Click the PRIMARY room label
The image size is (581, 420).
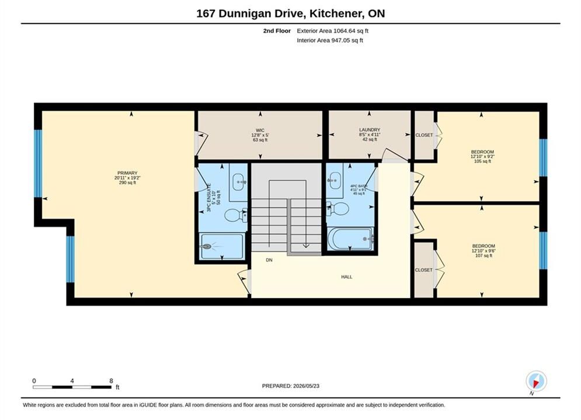pos(127,173)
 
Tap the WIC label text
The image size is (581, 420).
pos(260,130)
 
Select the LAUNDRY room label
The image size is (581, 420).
pos(370,130)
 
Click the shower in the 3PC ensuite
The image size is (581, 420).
pos(221,246)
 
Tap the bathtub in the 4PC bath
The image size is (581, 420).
pos(351,239)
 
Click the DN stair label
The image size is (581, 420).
pos(269,260)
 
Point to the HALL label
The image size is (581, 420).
pos(347,277)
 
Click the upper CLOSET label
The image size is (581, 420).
pos(424,135)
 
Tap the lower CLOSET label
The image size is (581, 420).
pos(423,270)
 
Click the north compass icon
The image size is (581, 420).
pos(536,381)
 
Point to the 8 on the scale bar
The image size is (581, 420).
pos(111,381)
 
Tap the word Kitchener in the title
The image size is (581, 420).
pos(336,13)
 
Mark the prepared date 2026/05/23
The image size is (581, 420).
pos(306,386)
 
